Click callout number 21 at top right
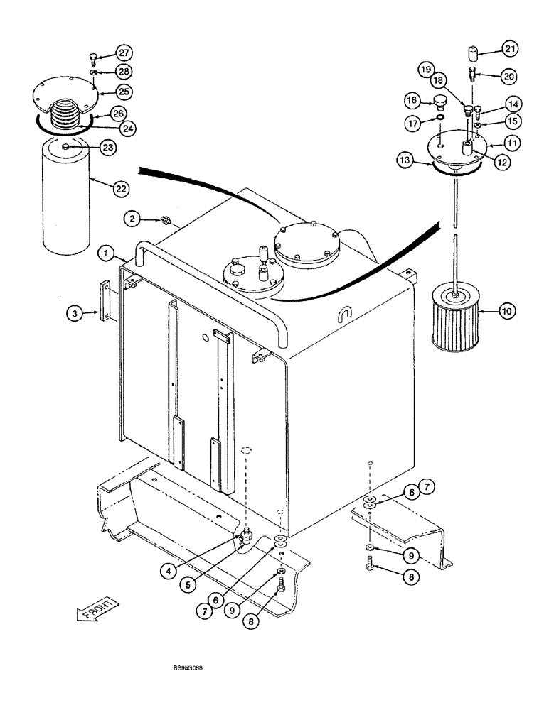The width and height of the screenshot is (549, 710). (x=510, y=48)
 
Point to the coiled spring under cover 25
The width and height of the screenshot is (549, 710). (x=68, y=115)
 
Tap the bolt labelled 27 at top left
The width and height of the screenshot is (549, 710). (x=94, y=57)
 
